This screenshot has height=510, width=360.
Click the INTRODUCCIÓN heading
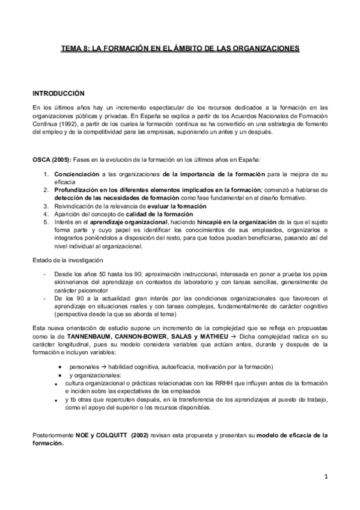(58, 94)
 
